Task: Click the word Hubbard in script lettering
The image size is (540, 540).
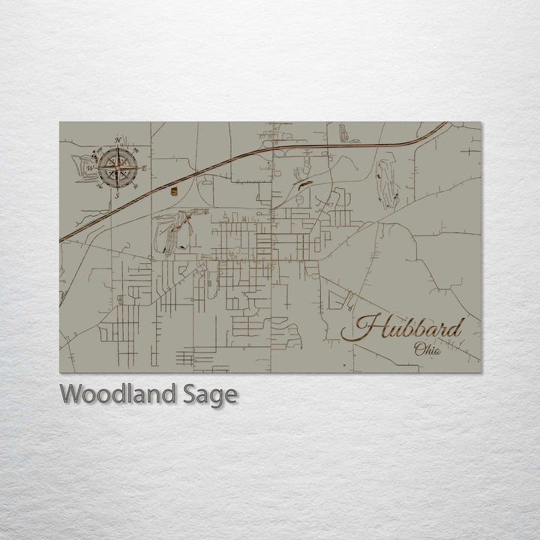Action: point(409,328)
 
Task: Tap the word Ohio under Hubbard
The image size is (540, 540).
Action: point(427,349)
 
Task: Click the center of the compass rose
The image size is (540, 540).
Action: point(115,166)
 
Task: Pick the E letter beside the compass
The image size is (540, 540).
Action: point(144,166)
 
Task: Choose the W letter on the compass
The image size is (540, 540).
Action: point(89,168)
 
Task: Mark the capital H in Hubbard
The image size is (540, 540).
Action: point(365,328)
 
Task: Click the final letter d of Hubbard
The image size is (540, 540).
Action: point(456,327)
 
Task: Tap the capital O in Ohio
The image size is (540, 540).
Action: point(416,349)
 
